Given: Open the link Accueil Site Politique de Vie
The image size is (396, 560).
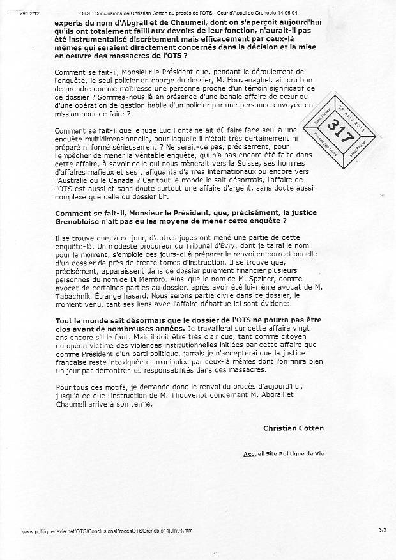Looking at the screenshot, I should (283, 453).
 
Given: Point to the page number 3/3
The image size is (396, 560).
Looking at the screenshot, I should (382, 531).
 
